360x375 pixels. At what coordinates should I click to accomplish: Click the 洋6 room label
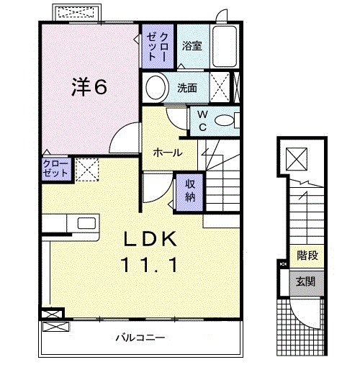coord(89,88)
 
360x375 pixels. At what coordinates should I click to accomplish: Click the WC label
coord(202,121)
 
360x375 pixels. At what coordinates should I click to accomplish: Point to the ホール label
coord(167,153)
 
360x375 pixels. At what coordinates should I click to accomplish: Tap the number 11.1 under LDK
coord(152,264)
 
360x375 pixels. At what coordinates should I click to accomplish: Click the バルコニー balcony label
coord(142,337)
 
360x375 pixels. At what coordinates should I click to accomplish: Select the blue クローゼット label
coord(55,170)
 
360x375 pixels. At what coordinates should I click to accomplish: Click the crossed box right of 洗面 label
coord(224,87)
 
